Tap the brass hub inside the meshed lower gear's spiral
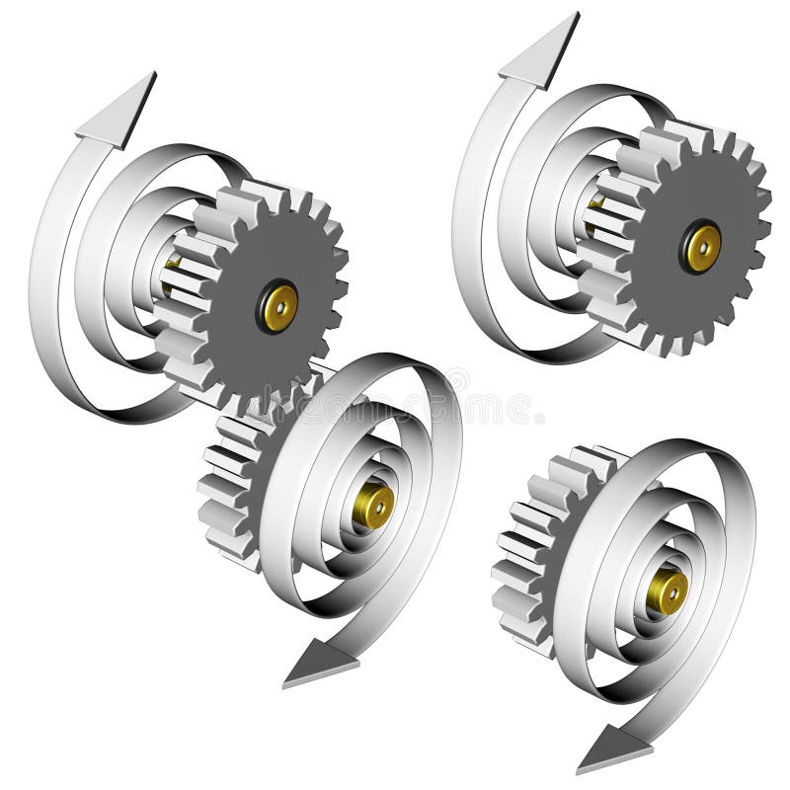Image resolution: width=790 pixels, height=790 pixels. (375, 505)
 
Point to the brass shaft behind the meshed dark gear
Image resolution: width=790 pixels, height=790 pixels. (172, 276)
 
